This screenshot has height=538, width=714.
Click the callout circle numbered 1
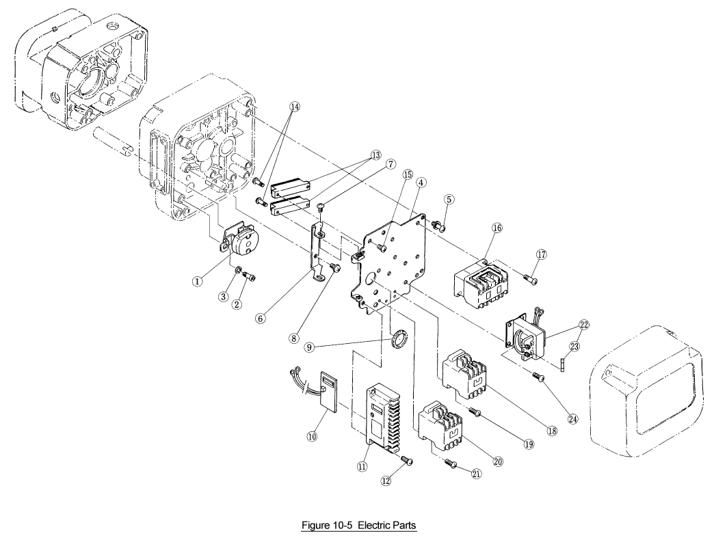tap(197, 282)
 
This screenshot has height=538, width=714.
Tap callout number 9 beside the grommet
tap(309, 347)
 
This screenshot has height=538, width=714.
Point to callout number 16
tap(497, 228)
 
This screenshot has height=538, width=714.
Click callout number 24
tap(573, 419)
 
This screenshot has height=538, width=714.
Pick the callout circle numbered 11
tap(362, 466)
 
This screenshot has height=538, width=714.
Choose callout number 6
tap(260, 319)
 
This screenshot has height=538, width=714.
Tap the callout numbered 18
tap(552, 431)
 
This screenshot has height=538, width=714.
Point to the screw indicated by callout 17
tap(530, 278)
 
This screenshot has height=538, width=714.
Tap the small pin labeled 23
tap(563, 365)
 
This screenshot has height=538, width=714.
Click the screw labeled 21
tap(450, 463)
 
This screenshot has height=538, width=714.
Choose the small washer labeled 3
tap(238, 271)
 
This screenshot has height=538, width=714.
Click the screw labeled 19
tap(475, 412)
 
